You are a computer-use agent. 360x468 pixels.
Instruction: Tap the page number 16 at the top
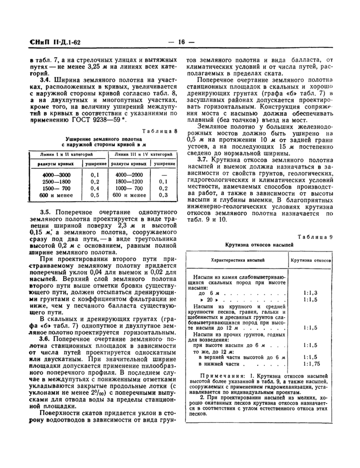(x=180, y=42)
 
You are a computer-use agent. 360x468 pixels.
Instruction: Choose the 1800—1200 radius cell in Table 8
(x=129, y=182)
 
